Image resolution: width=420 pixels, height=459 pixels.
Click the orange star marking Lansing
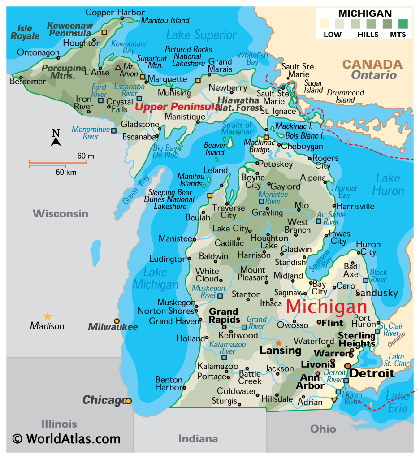(279, 343)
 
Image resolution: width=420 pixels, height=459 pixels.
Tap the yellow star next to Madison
(47, 316)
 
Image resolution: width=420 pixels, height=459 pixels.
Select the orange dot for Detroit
(347, 366)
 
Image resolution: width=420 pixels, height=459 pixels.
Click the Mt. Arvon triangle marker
(118, 68)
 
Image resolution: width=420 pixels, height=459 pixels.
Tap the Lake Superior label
(201, 35)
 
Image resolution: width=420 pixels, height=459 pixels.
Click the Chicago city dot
(129, 401)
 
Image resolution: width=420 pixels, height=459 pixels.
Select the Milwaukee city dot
(117, 321)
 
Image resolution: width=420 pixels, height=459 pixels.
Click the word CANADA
(372, 65)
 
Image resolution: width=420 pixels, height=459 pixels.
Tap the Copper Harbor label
(115, 12)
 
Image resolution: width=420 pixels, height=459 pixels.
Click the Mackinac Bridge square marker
(266, 138)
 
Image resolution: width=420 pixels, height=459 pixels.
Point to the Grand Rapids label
(224, 315)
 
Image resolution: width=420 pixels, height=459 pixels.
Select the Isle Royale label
(25, 32)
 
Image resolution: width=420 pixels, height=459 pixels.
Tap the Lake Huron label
(388, 184)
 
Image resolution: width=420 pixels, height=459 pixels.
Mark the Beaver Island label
(214, 149)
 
